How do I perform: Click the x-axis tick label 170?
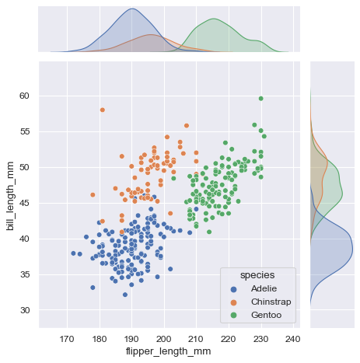point(67,339)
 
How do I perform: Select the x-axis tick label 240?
point(292,339)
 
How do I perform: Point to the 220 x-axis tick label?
point(228,339)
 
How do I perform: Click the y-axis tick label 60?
point(24,96)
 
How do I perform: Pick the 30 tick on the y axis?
point(24,310)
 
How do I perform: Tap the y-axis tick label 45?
point(24,204)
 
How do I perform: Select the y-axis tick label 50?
point(24,168)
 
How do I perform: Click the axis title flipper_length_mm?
point(169,352)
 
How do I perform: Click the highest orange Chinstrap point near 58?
point(102,110)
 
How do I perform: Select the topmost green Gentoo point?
point(260,99)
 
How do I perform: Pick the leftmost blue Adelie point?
point(73,253)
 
